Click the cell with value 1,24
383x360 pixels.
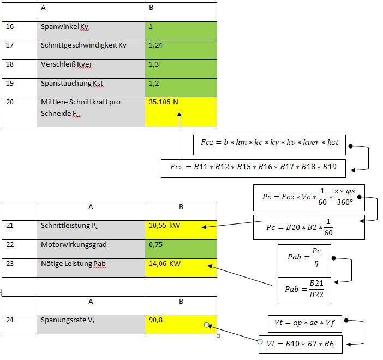(x=181, y=50)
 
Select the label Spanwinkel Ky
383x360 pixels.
(x=64, y=27)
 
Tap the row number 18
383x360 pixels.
(x=9, y=64)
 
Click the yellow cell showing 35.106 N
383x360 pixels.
(x=181, y=112)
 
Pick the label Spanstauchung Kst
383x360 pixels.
(x=72, y=84)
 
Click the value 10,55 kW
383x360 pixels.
(x=164, y=225)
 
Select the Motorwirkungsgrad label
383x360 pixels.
(x=74, y=245)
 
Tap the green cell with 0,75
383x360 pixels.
(x=181, y=249)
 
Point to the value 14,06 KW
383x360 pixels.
(x=165, y=264)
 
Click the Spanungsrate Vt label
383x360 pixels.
(x=68, y=320)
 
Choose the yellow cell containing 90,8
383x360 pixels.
(x=181, y=324)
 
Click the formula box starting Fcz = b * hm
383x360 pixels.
(x=270, y=145)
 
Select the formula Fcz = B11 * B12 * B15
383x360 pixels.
(x=253, y=168)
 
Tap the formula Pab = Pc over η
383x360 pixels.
(x=304, y=258)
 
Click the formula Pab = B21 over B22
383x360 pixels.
(x=304, y=290)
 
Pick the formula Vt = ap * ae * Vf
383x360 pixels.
(x=305, y=323)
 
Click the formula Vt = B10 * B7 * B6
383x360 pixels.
(x=301, y=344)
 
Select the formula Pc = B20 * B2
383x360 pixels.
(x=309, y=227)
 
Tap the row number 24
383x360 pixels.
(x=10, y=320)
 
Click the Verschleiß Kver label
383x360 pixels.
(x=67, y=64)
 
